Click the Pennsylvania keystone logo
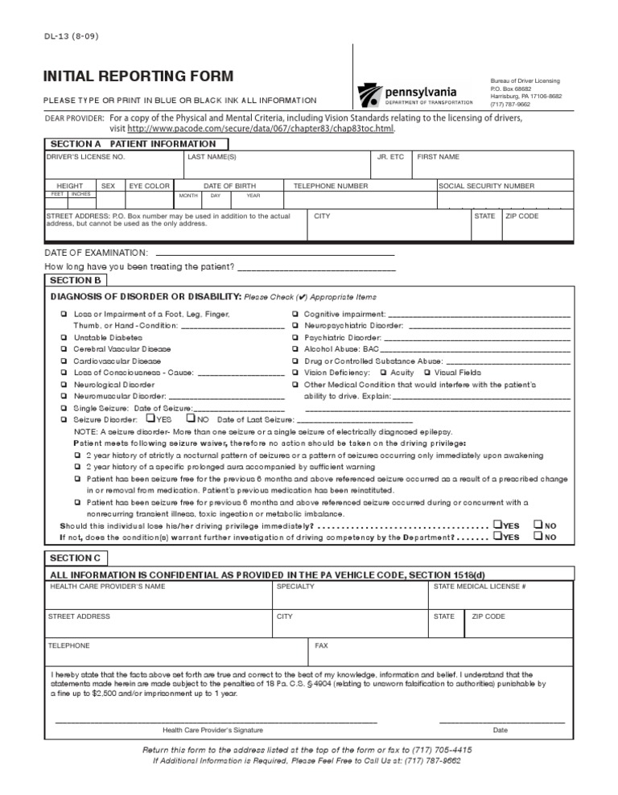click(x=370, y=95)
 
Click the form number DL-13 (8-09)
click(x=73, y=35)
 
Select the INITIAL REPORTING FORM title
click(x=138, y=76)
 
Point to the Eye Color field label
click(x=150, y=186)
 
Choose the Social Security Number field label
click(x=486, y=186)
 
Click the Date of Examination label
click(x=97, y=252)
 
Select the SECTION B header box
click(x=76, y=280)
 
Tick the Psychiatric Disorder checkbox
click(x=296, y=338)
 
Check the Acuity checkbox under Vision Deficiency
click(x=382, y=373)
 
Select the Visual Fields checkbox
click(x=426, y=373)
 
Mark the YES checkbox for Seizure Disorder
click(x=150, y=418)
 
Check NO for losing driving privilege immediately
click(x=538, y=525)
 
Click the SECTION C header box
click(x=76, y=558)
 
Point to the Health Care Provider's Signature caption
click(x=212, y=730)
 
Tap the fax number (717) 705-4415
click(x=442, y=748)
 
